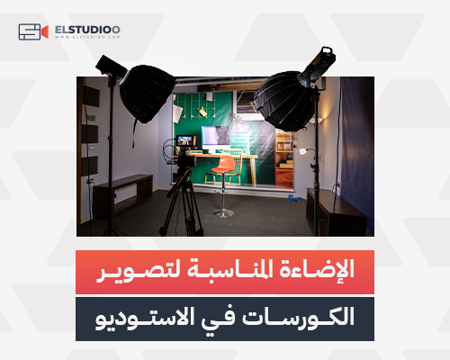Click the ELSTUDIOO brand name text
87,29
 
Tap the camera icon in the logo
31,32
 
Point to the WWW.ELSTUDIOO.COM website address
87,39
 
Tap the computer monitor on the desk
215,137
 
